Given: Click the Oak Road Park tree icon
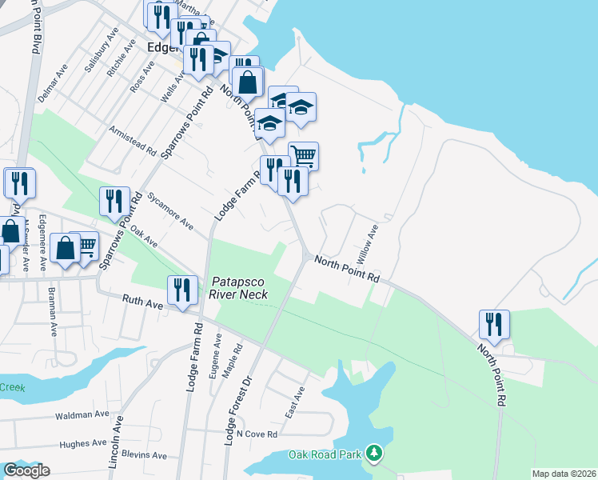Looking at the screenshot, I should (x=373, y=454).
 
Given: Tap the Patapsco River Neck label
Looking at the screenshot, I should (x=239, y=288).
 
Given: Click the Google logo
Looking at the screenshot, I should (x=26, y=470).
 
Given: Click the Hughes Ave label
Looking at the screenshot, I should (x=83, y=443).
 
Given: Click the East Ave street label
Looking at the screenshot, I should (x=295, y=403).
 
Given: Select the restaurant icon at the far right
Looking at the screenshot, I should (x=494, y=324).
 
